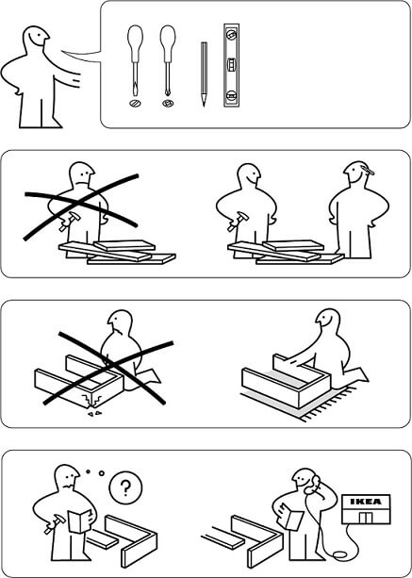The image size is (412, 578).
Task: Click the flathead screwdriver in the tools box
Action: click(x=135, y=60)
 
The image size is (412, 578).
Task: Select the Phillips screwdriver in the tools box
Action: click(x=168, y=60)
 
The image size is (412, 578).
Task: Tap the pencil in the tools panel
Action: click(x=204, y=74)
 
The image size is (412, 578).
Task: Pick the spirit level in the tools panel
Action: click(x=231, y=65)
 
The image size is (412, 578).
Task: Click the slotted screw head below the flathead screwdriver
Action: click(x=135, y=104)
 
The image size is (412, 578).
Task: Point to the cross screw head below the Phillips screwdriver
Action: click(x=168, y=104)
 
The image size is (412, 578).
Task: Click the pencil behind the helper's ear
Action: click(x=368, y=170)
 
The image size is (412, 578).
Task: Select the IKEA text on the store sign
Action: click(x=366, y=502)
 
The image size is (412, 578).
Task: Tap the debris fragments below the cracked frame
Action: click(x=94, y=414)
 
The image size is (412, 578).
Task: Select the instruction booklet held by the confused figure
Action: click(x=79, y=520)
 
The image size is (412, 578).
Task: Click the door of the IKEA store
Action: click(x=367, y=517)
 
